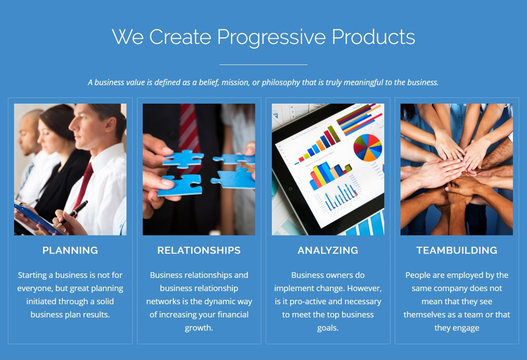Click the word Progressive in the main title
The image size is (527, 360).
pyautogui.click(x=271, y=37)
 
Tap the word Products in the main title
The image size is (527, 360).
pyautogui.click(x=374, y=36)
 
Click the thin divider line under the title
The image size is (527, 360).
pyautogui.click(x=263, y=64)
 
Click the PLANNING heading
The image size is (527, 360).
pyautogui.click(x=70, y=250)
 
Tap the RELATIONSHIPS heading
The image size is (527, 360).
pyautogui.click(x=199, y=250)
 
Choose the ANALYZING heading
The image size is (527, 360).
pyautogui.click(x=328, y=250)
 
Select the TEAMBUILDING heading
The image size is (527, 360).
pyautogui.click(x=457, y=250)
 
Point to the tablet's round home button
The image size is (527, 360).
pyautogui.click(x=290, y=189)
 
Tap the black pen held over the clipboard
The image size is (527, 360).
pyautogui.click(x=72, y=214)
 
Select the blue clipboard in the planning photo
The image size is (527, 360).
pyautogui.click(x=37, y=219)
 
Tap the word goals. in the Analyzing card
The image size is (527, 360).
pyautogui.click(x=328, y=328)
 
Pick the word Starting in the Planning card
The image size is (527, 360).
pyautogui.click(x=32, y=276)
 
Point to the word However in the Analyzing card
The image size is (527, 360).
pyautogui.click(x=365, y=288)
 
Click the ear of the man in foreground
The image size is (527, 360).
pyautogui.click(x=110, y=124)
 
